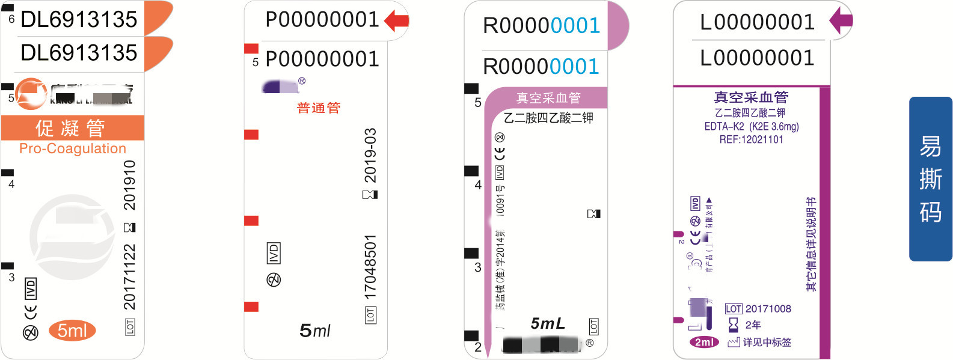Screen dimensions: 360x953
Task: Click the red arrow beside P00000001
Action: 396,21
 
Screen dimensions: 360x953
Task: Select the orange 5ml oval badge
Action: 72,330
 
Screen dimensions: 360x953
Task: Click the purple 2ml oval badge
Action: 704,342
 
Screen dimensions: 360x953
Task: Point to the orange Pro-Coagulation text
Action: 73,148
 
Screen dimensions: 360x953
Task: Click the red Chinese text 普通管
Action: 319,108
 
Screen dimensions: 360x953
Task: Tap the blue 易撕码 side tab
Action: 930,179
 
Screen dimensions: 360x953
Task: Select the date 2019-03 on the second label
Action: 370,155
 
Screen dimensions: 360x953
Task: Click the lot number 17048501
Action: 370,267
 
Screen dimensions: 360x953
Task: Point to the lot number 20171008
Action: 768,309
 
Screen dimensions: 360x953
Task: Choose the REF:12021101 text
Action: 751,139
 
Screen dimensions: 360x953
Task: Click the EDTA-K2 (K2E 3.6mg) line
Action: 751,126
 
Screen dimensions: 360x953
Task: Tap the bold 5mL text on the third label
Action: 547,323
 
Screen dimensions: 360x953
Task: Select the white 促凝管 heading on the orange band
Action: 70,128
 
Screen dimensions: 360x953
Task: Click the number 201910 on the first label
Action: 129,185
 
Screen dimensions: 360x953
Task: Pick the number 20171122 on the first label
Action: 129,276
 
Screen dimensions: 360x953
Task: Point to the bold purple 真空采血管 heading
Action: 751,97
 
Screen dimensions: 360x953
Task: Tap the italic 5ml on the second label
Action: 315,331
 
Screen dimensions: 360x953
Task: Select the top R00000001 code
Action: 541,26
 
